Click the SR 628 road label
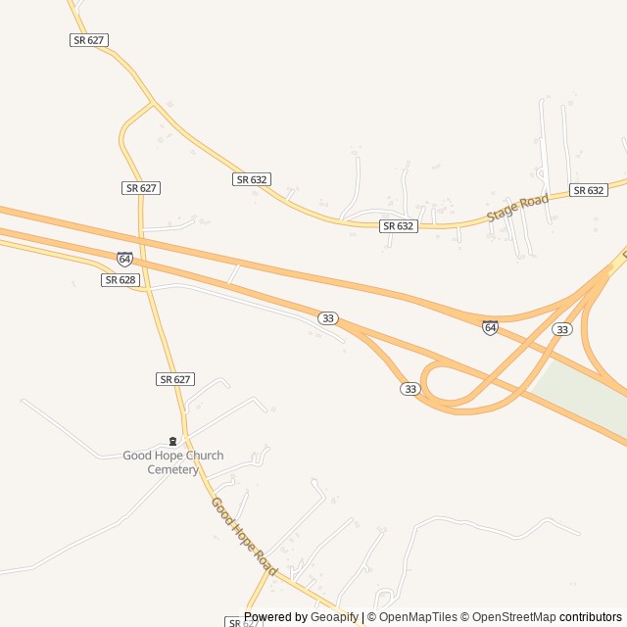point(120,280)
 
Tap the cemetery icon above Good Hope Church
point(173,441)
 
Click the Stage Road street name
point(518,208)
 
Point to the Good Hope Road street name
point(244,537)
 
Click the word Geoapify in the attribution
point(335,617)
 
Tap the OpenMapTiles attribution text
point(418,617)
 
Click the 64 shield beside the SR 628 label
point(124,260)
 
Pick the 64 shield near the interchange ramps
point(490,327)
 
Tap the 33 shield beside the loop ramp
point(410,389)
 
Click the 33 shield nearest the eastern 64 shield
point(561,329)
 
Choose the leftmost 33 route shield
point(328,318)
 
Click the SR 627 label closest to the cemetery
point(175,379)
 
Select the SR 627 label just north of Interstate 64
point(141,187)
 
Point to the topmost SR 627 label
point(88,40)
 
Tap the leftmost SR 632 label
point(252,179)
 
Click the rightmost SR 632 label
point(589,190)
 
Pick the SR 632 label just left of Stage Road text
point(399,226)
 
